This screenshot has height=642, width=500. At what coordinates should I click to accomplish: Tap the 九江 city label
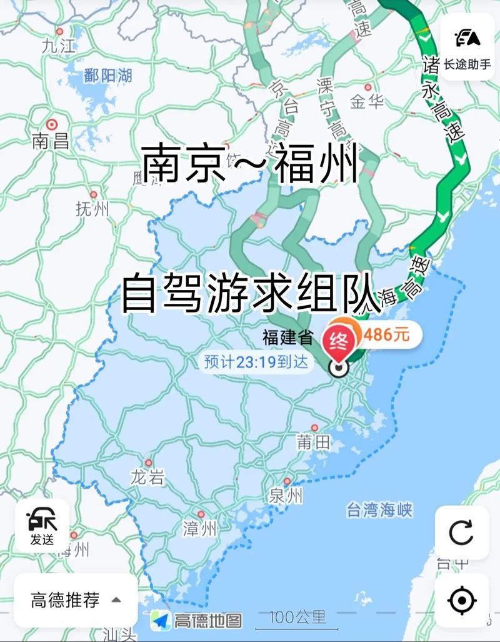[x=59, y=45]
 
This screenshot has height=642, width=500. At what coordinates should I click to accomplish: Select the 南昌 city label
[x=51, y=141]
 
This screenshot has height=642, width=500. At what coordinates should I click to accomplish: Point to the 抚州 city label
[x=92, y=209]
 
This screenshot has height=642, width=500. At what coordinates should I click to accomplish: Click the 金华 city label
[x=367, y=101]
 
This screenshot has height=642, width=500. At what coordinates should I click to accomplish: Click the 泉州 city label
[x=286, y=496]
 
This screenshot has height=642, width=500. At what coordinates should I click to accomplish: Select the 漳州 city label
[x=200, y=529]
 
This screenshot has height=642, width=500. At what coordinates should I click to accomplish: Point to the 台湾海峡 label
[x=380, y=510]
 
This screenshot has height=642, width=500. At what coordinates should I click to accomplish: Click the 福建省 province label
[x=287, y=339]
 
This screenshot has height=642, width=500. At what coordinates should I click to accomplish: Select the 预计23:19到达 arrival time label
[x=256, y=361]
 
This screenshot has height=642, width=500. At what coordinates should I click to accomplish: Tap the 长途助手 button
[x=467, y=47]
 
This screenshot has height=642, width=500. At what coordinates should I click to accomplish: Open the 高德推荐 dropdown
[x=75, y=601]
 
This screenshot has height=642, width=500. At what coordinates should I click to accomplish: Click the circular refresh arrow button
[x=462, y=533]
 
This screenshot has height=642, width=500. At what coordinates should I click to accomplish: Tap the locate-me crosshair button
[x=462, y=601]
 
